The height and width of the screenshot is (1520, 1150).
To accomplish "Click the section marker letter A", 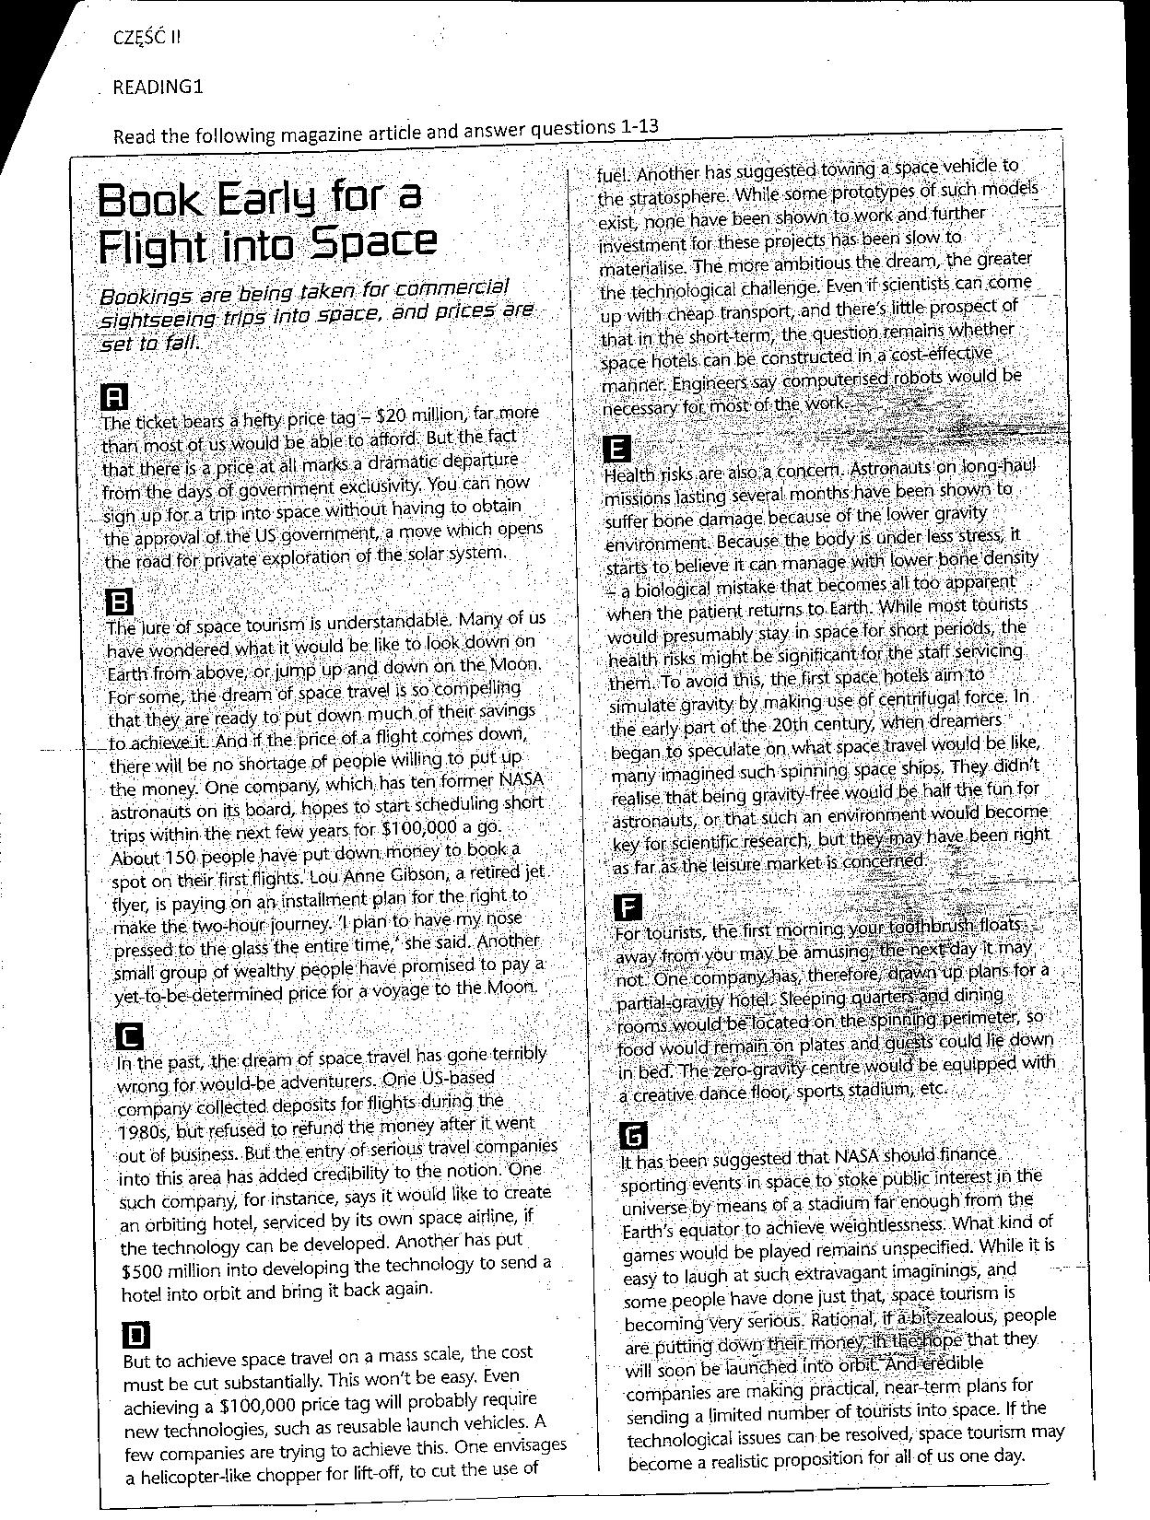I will [113, 397].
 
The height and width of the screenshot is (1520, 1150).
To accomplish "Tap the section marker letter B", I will [121, 603].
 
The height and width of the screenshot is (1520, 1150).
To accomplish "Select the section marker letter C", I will [131, 1037].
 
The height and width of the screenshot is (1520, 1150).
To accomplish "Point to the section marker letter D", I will [135, 1335].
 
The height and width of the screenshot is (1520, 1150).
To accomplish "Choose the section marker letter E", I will [616, 450].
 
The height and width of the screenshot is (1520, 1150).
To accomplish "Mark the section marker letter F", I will [628, 907].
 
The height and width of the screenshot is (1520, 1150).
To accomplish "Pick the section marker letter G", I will [636, 1135].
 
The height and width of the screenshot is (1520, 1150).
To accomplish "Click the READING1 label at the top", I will [157, 88].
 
